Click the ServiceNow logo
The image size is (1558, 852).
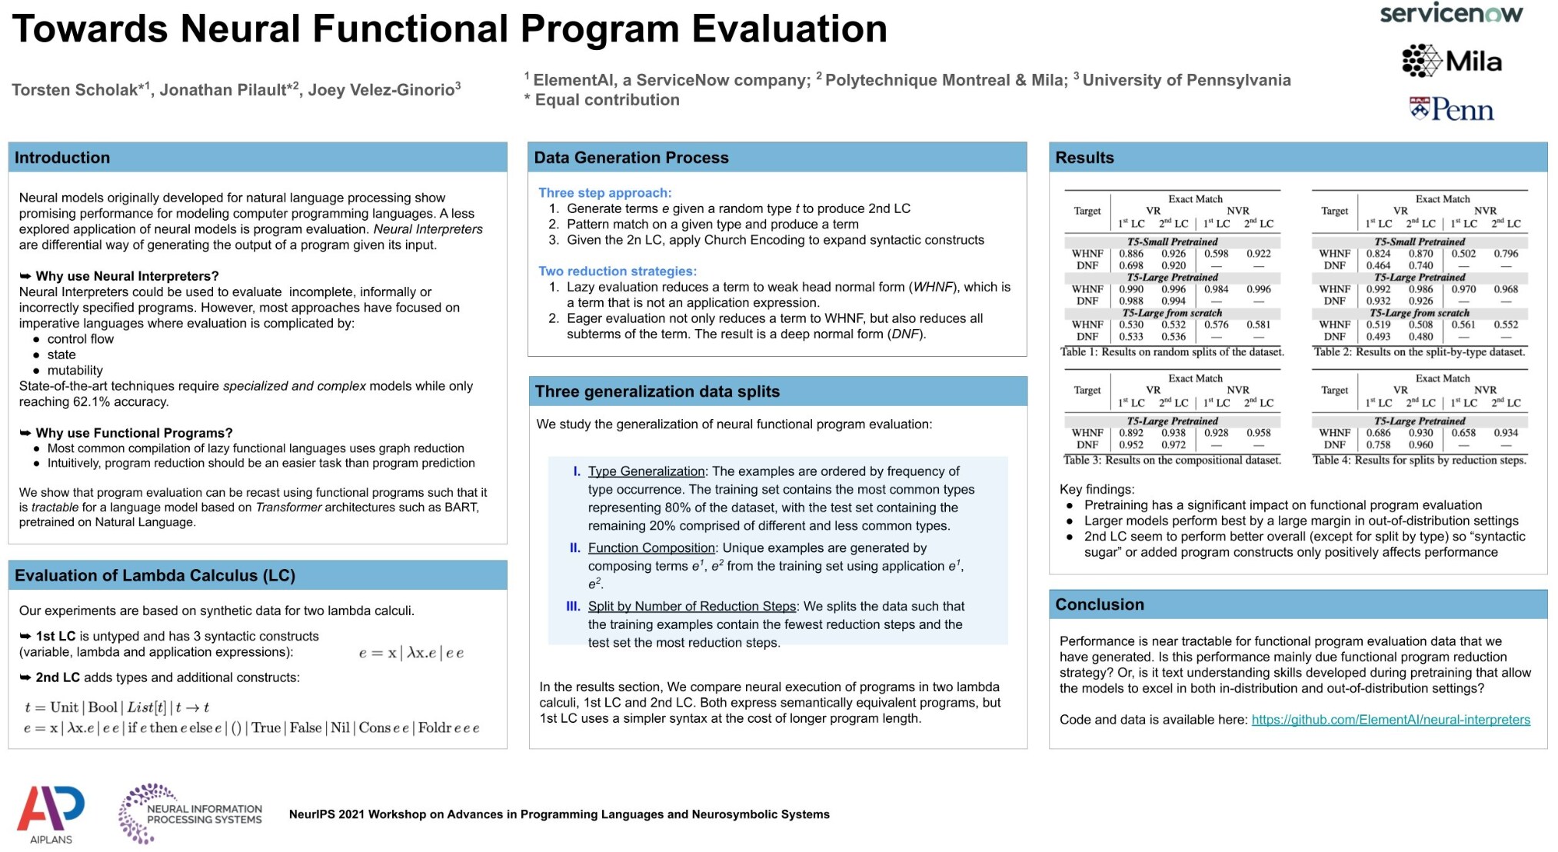coord(1450,14)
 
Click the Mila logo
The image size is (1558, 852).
coord(1451,61)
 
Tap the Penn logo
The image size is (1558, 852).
coord(1451,110)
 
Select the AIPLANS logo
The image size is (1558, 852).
coord(51,814)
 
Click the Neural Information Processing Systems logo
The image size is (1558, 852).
coord(190,814)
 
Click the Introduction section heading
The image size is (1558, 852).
coord(62,158)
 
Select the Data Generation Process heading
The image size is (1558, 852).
coord(631,158)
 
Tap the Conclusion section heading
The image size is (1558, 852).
coord(1099,604)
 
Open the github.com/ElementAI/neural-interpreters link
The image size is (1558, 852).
coord(1390,720)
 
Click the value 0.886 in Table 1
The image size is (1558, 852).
coord(1130,254)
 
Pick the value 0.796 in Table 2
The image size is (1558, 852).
coord(1506,254)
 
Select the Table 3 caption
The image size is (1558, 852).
coord(1172,461)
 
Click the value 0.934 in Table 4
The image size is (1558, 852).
coord(1506,433)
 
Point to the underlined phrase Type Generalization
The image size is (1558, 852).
coord(646,471)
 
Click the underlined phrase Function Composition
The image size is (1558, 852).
coord(651,547)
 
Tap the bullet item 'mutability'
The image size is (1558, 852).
coord(75,371)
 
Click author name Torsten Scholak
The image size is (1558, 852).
coord(75,90)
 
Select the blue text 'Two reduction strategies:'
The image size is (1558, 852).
coord(617,271)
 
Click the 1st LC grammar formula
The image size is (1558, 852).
coord(411,653)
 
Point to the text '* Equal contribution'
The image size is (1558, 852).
coord(601,100)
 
